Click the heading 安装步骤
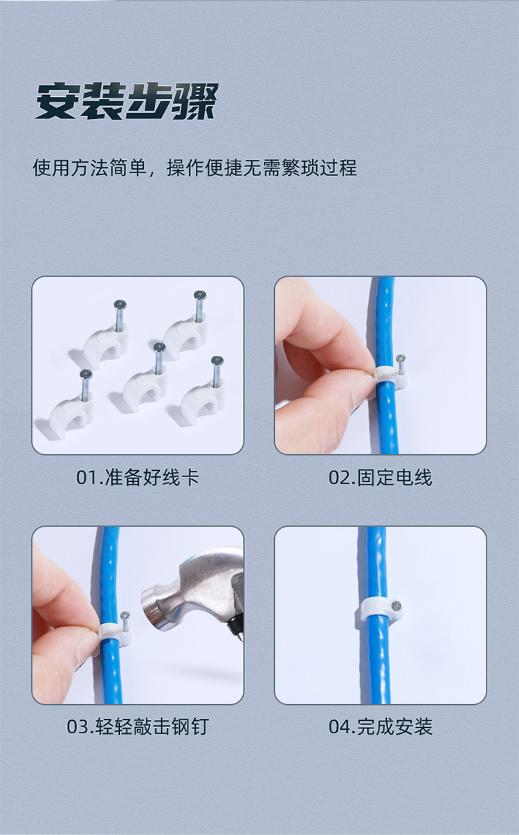pyautogui.click(x=127, y=101)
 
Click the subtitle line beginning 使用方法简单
pyautogui.click(x=195, y=168)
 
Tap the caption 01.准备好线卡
pyautogui.click(x=138, y=478)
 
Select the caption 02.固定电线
pyautogui.click(x=381, y=478)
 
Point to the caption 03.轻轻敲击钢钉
pyautogui.click(x=138, y=727)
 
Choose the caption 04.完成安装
pyautogui.click(x=381, y=727)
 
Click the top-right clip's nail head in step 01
pyautogui.click(x=200, y=296)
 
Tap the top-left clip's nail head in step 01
pyautogui.click(x=120, y=305)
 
